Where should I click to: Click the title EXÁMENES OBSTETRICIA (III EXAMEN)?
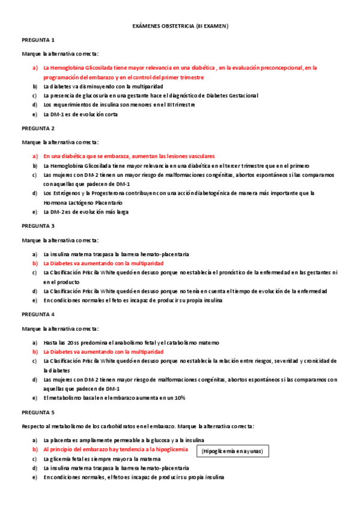coord(180,26)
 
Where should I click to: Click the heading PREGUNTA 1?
coord(38,40)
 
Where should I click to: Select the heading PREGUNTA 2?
coord(38,128)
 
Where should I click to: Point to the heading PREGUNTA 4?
coord(38,314)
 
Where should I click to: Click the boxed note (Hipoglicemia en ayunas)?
coord(233,450)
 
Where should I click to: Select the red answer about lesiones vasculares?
coord(129,156)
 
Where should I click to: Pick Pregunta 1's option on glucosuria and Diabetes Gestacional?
coord(150,95)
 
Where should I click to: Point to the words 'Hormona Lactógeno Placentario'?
coord(84,203)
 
